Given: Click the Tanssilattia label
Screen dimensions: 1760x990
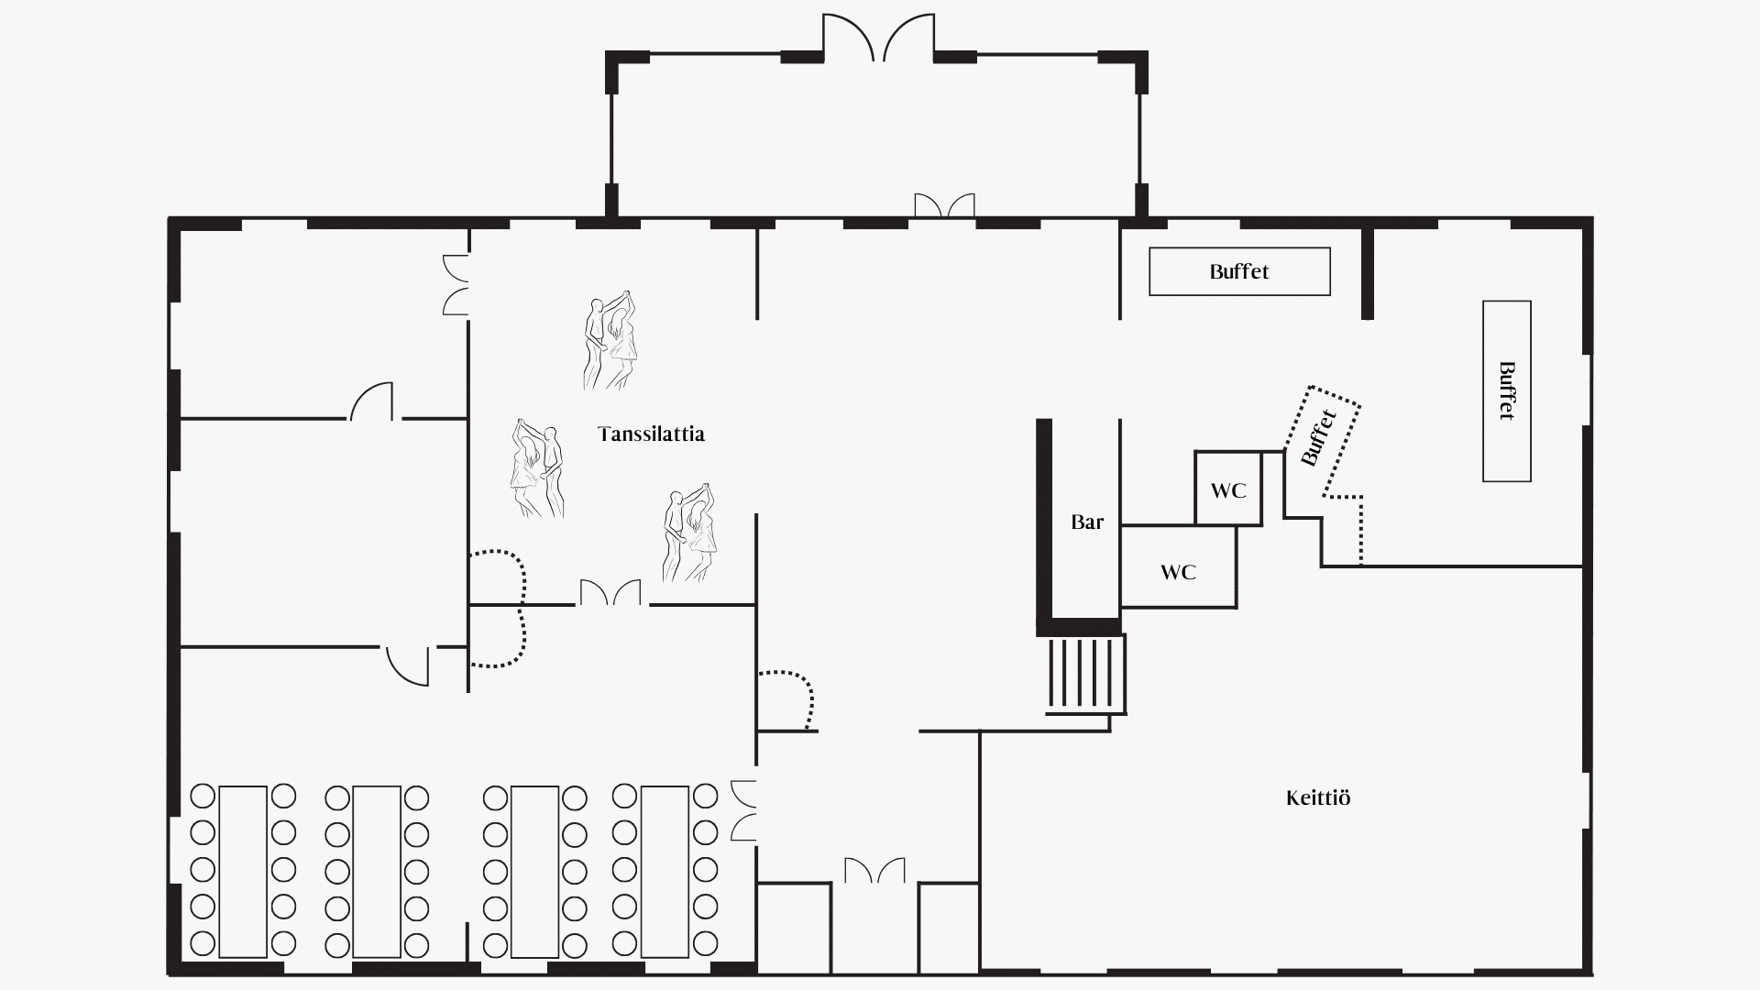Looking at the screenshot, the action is pos(651,434).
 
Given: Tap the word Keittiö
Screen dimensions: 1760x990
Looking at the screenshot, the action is pos(1318,797).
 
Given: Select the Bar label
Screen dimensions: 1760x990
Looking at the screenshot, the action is pos(1087,522).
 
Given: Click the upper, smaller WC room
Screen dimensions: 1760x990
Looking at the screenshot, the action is pos(1228,489).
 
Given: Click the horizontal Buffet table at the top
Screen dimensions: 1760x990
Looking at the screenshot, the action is pos(1239,271).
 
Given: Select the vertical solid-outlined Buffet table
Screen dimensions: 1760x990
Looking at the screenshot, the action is pos(1507,390).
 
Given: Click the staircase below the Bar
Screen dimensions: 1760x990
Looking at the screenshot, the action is pos(1086,676).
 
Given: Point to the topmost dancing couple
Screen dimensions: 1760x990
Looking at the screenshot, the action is pos(610,340).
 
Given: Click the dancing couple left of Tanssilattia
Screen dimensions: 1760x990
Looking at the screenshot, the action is pos(537,468).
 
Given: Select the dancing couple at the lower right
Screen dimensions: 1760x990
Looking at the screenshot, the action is pos(690,533).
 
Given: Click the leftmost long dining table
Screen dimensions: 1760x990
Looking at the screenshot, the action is pos(243,871).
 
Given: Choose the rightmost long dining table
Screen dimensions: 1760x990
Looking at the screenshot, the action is pos(665,871).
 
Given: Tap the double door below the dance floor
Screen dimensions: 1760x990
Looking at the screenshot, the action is pos(610,592).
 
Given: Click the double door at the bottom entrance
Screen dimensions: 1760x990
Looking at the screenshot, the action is pos(874,870).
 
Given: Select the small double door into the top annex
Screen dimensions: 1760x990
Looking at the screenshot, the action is pos(944,205).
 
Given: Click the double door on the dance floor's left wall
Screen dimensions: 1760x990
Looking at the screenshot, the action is pos(456,285).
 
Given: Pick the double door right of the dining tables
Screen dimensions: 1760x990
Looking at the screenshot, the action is pos(743,810).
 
